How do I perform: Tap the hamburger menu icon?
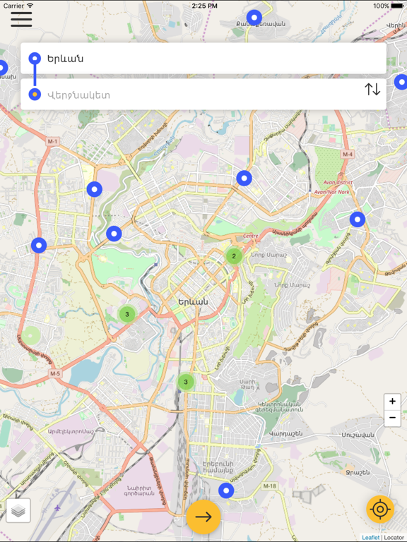click(21, 18)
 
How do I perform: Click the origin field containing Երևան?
click(205, 59)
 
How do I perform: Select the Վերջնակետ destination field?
click(198, 95)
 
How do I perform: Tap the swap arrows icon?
click(372, 90)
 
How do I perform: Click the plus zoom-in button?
click(392, 401)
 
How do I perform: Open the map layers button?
click(18, 510)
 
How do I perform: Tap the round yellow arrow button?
click(203, 517)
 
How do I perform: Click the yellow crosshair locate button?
click(380, 509)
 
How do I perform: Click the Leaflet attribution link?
click(370, 538)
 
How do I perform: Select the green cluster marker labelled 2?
click(234, 256)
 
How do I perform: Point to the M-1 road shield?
click(52, 142)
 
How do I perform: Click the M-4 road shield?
click(347, 154)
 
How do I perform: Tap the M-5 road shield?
click(55, 373)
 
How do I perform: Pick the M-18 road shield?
click(269, 487)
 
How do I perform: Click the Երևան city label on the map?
click(193, 301)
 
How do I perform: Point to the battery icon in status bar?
click(398, 6)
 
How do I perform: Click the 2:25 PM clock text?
click(203, 6)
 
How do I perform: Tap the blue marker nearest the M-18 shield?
click(226, 490)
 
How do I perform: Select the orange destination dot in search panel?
click(34, 95)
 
